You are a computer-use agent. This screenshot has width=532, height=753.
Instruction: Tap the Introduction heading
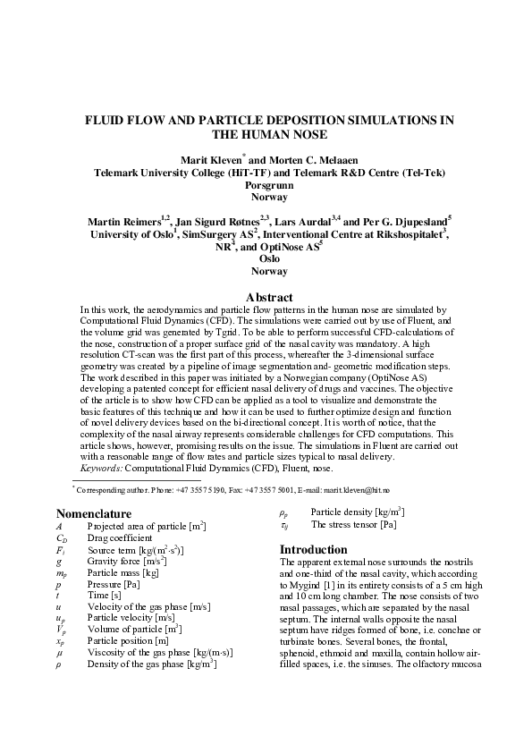click(314, 549)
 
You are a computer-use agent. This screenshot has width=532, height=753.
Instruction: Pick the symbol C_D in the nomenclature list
click(62, 538)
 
